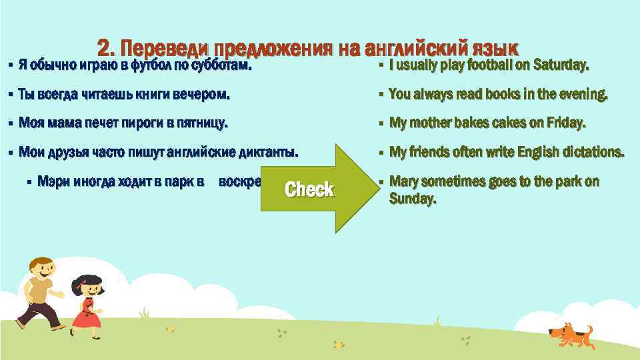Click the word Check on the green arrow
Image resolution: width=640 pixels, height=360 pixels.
pyautogui.click(x=309, y=189)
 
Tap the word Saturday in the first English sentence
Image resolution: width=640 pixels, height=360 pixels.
pyautogui.click(x=562, y=65)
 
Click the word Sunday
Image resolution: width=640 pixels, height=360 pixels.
pyautogui.click(x=412, y=198)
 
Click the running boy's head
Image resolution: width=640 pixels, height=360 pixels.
pyautogui.click(x=42, y=266)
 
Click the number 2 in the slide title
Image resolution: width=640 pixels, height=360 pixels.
pyautogui.click(x=105, y=49)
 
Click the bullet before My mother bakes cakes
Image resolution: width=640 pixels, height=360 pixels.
pyautogui.click(x=379, y=123)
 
